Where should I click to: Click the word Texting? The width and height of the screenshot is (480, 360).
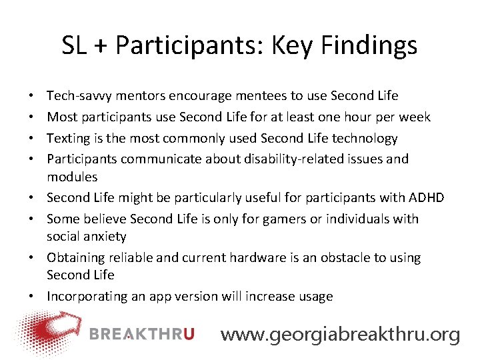(x=69, y=139)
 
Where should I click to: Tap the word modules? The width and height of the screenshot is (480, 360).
(x=72, y=177)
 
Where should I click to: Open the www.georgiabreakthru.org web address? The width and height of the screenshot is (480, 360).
(x=340, y=334)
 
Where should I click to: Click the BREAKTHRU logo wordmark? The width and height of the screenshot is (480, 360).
(x=141, y=334)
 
